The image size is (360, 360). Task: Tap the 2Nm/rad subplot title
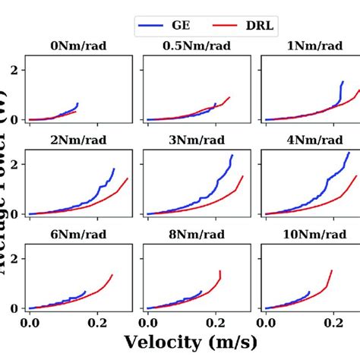click(x=78, y=139)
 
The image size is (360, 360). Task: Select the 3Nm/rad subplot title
click(x=196, y=139)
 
